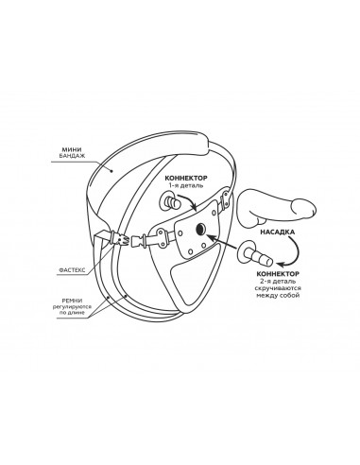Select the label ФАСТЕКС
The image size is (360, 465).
pyautogui.click(x=72, y=270)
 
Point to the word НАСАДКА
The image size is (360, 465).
pyautogui.click(x=278, y=232)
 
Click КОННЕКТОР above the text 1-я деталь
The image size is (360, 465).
pyautogui.click(x=186, y=179)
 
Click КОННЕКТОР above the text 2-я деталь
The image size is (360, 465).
pyautogui.click(x=278, y=274)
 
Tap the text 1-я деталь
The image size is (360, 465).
pyautogui.click(x=186, y=185)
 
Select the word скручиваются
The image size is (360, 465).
pyautogui.click(x=278, y=288)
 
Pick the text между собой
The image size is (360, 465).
pyautogui.click(x=278, y=296)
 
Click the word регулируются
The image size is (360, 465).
pyautogui.click(x=72, y=306)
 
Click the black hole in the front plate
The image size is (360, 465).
pyautogui.click(x=200, y=230)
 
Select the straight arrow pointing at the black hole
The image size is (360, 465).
pyautogui.click(x=222, y=241)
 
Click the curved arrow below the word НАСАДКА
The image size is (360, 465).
pyautogui.click(x=292, y=251)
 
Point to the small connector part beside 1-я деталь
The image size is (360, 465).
pyautogui.click(x=171, y=201)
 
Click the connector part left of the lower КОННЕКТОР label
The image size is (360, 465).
pyautogui.click(x=254, y=254)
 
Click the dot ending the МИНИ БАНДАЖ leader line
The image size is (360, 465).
pyautogui.click(x=111, y=171)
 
